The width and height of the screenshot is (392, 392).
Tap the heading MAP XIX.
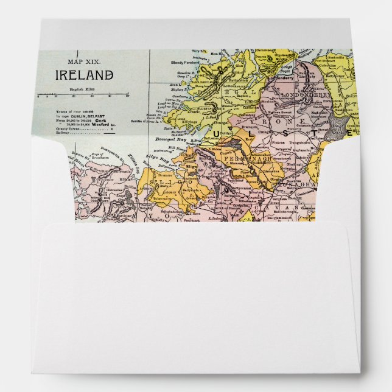pos(85,61)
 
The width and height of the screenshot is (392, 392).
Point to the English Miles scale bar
pos(82,94)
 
